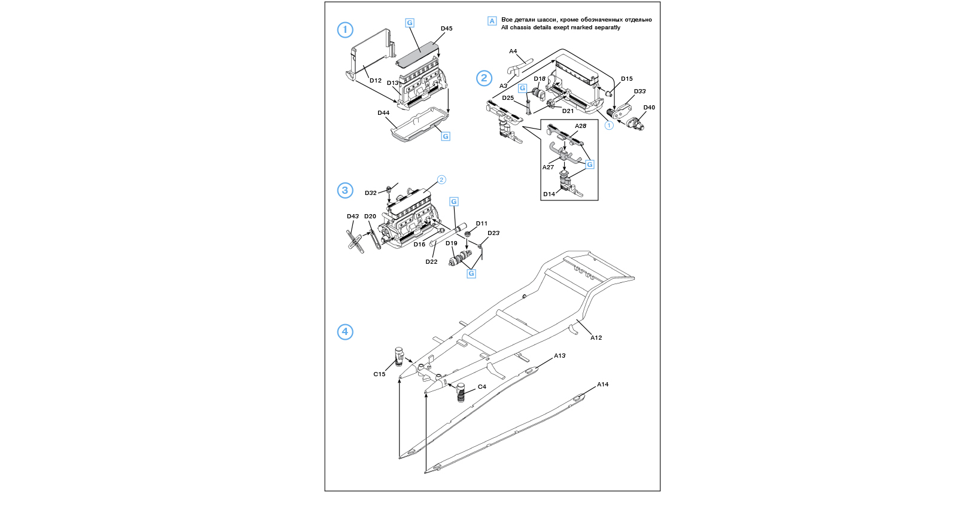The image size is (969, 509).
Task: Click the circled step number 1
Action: (x=345, y=30)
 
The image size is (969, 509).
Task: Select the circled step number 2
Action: (x=484, y=78)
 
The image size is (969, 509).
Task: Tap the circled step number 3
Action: (x=345, y=191)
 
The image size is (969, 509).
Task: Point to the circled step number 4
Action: (x=345, y=332)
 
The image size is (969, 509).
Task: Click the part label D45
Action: (x=447, y=29)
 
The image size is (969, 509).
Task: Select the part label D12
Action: (x=375, y=81)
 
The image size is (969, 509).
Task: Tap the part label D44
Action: (x=383, y=113)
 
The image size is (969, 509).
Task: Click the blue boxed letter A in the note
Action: (x=492, y=21)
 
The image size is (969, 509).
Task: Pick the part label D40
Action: (x=649, y=108)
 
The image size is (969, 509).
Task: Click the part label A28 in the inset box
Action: (x=580, y=126)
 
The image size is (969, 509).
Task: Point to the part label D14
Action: (x=549, y=194)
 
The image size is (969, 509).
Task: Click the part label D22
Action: (x=431, y=262)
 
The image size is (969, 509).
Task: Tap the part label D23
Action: (x=493, y=233)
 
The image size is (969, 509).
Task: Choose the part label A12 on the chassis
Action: (x=596, y=338)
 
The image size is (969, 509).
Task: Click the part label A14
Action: (x=602, y=385)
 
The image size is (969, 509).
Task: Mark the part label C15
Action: (x=379, y=374)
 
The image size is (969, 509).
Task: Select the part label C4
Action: (x=482, y=387)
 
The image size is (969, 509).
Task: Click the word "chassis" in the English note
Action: (x=520, y=28)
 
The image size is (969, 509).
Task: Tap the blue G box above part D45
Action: (x=410, y=23)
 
